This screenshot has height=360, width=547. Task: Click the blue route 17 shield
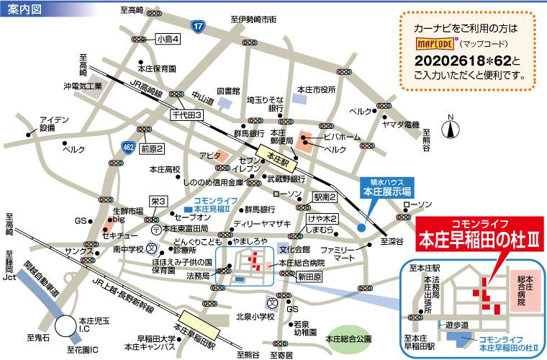[198, 25]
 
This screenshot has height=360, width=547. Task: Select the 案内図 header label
[24, 8]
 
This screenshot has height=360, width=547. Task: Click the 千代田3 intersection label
[188, 114]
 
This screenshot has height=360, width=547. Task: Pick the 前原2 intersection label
[153, 149]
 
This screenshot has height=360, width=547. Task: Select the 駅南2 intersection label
[325, 196]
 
